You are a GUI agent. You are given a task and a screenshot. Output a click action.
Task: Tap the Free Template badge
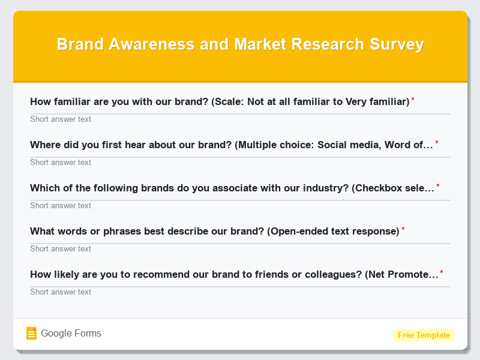tap(424, 335)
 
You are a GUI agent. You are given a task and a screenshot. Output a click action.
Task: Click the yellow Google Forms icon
tap(32, 334)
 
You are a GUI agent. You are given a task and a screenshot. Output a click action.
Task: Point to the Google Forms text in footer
tap(71, 334)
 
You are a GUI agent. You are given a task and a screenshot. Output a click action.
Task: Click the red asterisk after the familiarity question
tap(413, 100)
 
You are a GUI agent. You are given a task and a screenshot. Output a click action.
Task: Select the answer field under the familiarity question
tap(240, 119)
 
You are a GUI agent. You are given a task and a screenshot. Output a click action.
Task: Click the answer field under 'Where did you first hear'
tap(240, 162)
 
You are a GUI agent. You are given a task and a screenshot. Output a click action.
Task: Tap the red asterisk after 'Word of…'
tap(437, 143)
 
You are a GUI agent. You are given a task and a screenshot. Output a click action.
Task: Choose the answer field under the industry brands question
tap(240, 205)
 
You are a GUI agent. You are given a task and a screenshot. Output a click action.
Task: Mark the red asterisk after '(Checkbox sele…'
tap(438, 186)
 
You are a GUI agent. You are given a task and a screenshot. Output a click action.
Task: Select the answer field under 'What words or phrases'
tap(240, 248)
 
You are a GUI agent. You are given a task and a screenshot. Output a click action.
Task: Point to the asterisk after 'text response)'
tap(403, 229)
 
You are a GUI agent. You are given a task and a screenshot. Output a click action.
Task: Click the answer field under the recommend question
tap(240, 292)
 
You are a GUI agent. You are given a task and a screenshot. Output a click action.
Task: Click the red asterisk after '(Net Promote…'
tap(442, 272)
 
